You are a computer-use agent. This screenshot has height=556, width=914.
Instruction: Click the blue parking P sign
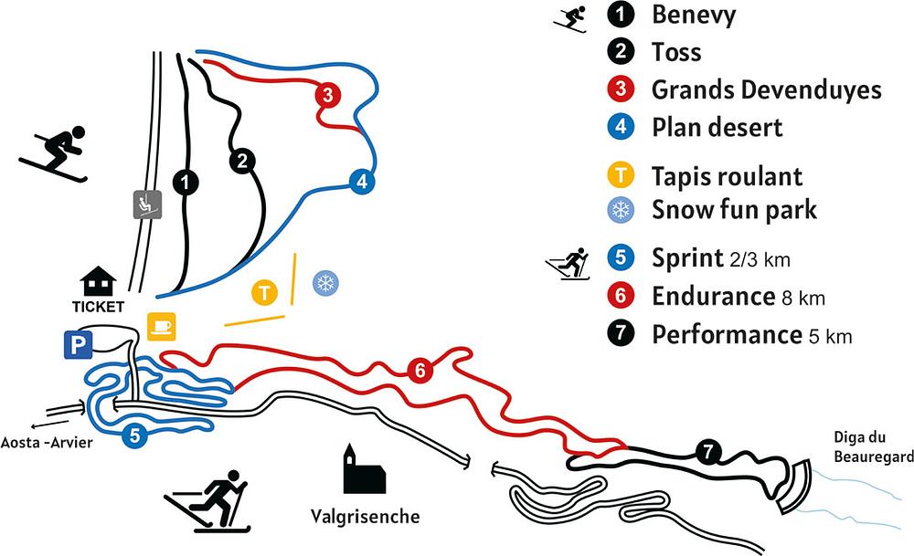(76, 344)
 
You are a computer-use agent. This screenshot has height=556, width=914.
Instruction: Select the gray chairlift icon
(143, 205)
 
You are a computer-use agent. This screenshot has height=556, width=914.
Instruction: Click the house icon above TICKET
(99, 280)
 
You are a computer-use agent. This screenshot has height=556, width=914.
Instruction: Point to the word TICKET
(97, 306)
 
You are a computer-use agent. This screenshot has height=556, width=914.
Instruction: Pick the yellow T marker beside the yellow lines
(264, 293)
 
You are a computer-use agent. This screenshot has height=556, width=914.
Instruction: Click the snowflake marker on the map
(324, 284)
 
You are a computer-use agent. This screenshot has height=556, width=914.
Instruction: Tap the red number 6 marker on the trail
(420, 371)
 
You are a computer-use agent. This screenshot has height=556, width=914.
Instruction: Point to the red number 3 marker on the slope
(327, 93)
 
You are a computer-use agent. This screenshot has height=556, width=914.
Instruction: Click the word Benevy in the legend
(693, 15)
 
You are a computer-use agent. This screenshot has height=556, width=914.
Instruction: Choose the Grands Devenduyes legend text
(766, 89)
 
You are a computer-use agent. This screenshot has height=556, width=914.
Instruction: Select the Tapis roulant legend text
(727, 176)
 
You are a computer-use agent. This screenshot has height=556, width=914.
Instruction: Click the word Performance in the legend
(727, 334)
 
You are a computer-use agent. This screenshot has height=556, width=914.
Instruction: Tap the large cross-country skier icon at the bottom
(209, 501)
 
